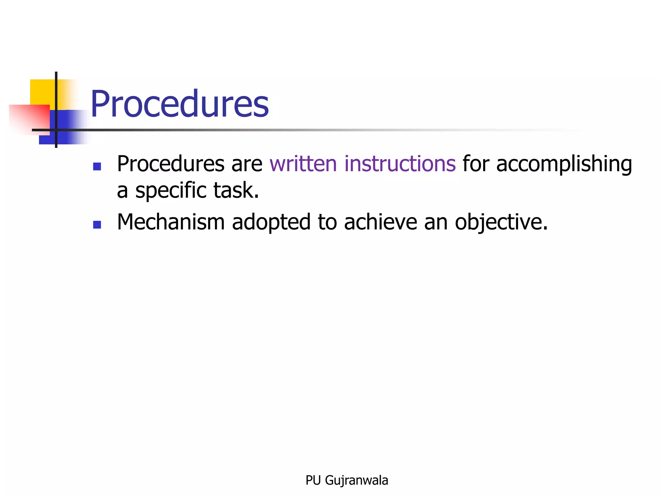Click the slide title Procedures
tap(179, 104)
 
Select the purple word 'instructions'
tap(400, 164)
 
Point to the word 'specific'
tap(170, 191)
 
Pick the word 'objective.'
tap(501, 223)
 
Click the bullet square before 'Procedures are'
tap(97, 166)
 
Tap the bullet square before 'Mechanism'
tap(97, 224)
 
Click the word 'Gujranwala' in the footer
tap(356, 480)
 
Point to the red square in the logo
tap(29, 118)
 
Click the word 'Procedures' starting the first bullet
tap(170, 164)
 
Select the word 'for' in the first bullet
tap(476, 164)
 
